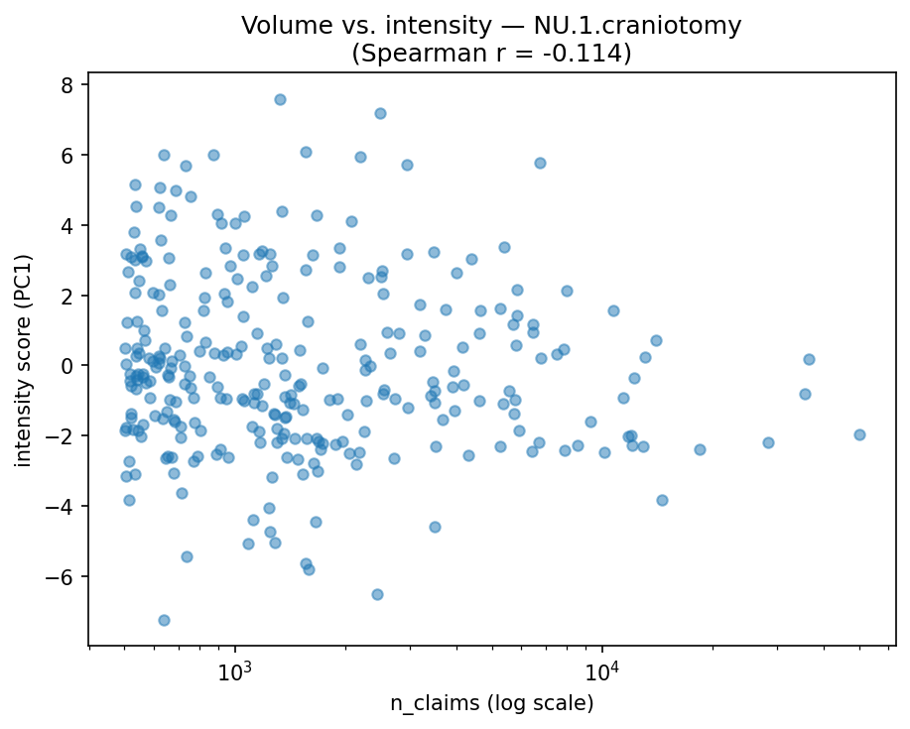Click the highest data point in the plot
[280, 99]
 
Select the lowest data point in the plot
[164, 620]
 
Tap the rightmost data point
[859, 434]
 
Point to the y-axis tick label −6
[65, 577]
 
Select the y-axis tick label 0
[69, 366]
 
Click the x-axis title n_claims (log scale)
[491, 703]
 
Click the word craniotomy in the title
[675, 25]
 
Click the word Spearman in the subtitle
[407, 52]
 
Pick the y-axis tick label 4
[69, 225]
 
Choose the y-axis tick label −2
[65, 436]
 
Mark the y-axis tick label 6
[69, 156]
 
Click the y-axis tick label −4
[65, 507]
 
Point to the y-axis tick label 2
[69, 296]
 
